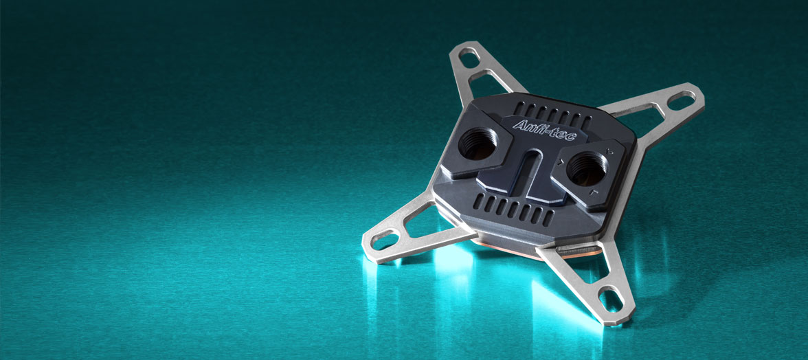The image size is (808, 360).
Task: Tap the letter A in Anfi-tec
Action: coord(518,125)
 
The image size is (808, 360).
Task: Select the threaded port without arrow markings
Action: coord(478,143)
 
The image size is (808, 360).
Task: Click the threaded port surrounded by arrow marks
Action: coord(587,168)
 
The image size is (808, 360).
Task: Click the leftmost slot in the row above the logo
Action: coord(519,108)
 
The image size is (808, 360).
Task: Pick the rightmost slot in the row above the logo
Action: coord(587,122)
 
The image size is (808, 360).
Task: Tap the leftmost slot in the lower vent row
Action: coord(479,201)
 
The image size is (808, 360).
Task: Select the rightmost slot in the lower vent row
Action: coord(548,218)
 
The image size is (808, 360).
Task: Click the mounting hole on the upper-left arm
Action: coord(469,57)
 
